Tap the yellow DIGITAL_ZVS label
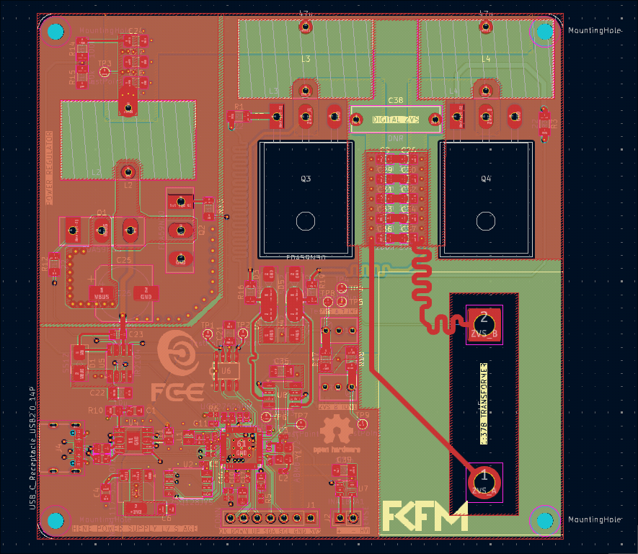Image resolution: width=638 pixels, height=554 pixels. pos(396,120)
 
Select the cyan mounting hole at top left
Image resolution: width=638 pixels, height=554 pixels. pos(56,32)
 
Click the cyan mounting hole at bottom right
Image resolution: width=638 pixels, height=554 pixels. pos(545,520)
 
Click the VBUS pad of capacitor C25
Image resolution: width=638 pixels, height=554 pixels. pos(101,294)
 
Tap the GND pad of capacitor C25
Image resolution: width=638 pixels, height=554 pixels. pos(145,294)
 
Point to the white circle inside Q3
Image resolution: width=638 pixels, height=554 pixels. pos(305,221)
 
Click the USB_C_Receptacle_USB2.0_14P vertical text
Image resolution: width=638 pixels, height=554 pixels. pos(31,447)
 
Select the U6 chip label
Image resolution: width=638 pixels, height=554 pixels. pos(226,370)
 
